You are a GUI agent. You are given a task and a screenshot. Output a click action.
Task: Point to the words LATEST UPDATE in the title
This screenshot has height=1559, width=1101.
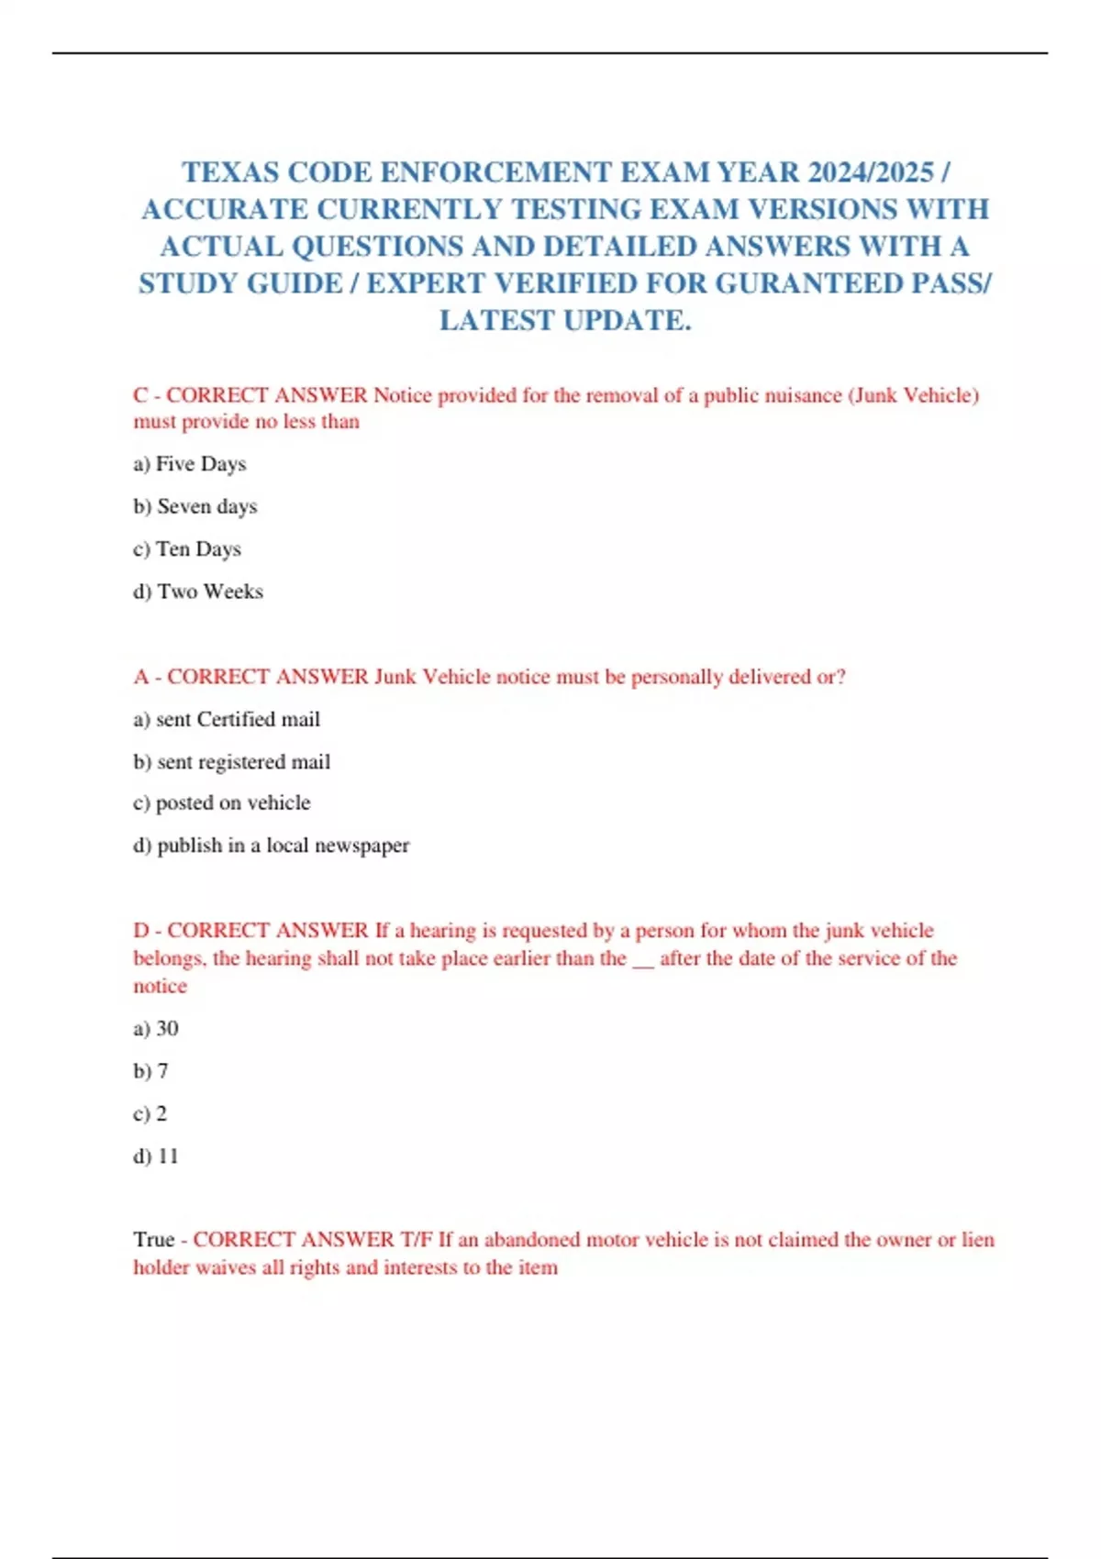565,320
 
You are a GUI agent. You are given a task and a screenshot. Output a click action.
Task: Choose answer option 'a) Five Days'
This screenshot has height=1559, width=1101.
190,464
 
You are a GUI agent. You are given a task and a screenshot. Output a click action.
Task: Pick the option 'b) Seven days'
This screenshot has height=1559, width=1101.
195,506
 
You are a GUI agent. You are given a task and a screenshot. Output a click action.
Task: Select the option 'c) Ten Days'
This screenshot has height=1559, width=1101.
187,548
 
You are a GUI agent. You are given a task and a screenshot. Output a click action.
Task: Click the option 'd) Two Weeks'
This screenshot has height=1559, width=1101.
198,592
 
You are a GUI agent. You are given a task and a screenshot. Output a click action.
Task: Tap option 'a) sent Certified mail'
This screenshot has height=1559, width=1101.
227,719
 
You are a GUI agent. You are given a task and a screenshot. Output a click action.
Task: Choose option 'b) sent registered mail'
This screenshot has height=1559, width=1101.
231,761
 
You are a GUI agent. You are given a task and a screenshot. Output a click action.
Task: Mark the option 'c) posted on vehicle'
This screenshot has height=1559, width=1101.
222,802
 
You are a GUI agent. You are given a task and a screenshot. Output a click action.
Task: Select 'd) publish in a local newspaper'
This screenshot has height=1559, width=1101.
272,845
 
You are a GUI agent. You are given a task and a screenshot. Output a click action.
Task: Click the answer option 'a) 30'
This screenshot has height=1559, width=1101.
156,1028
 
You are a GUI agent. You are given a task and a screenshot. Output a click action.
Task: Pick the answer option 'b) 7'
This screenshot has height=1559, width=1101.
150,1070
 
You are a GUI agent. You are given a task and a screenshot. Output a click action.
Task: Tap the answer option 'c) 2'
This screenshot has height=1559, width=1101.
150,1113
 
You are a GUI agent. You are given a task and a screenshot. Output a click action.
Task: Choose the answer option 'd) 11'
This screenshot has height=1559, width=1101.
156,1155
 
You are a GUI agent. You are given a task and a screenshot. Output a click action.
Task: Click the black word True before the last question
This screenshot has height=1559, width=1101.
153,1239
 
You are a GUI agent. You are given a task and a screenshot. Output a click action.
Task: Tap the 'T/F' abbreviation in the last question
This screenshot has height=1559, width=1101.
417,1239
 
